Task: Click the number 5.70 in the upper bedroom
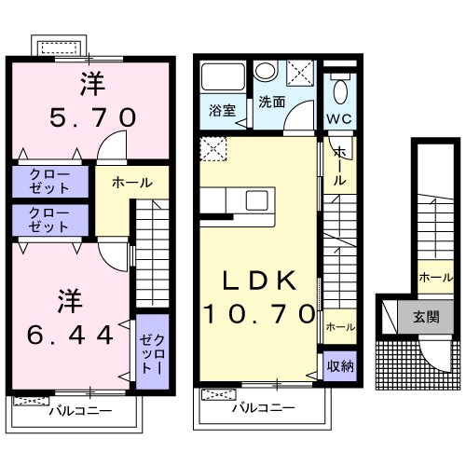(x=92, y=118)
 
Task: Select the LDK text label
(x=260, y=281)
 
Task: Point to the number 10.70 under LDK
(x=260, y=314)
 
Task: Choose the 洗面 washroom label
(x=272, y=102)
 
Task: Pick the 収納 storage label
(x=339, y=364)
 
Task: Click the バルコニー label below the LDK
(x=263, y=408)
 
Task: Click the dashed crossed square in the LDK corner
(x=213, y=146)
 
